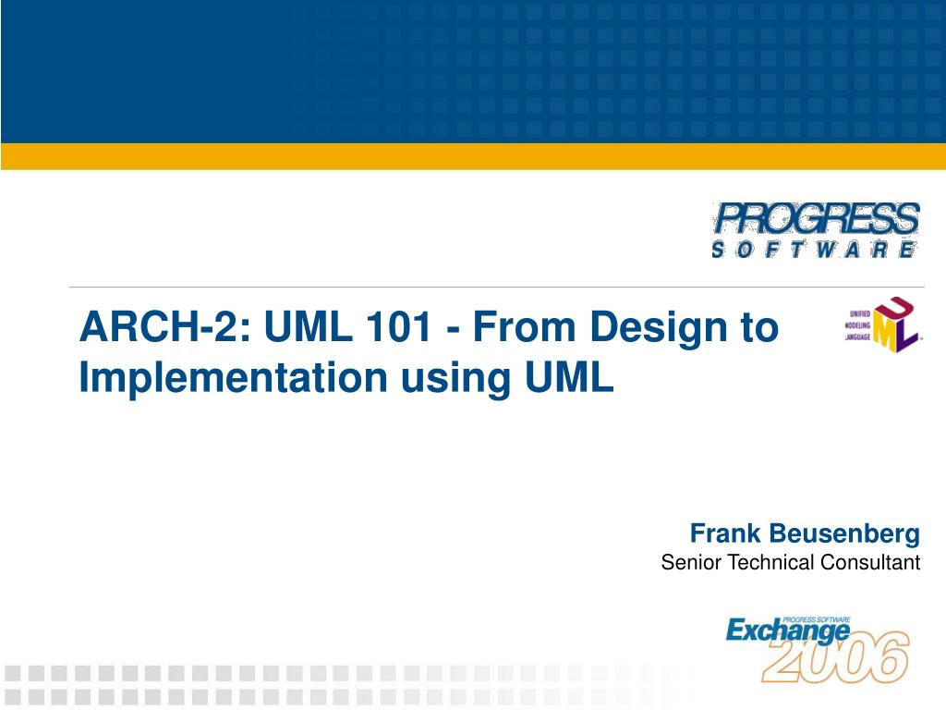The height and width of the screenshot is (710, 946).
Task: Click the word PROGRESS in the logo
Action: tap(816, 218)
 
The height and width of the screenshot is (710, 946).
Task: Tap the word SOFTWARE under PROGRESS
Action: tap(815, 250)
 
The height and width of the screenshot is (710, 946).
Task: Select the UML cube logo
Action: tap(882, 324)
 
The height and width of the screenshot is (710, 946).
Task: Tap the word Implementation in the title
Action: tap(233, 377)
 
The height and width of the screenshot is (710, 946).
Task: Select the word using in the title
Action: tap(457, 380)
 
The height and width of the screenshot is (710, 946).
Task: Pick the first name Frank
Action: tap(725, 533)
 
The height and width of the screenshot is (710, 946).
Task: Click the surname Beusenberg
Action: tap(844, 534)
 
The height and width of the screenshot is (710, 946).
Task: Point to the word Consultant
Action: tap(870, 562)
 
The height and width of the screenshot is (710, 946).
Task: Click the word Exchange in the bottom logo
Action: tap(787, 631)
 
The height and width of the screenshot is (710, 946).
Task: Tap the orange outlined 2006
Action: tap(835, 657)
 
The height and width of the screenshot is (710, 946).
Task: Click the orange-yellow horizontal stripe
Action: tap(473, 156)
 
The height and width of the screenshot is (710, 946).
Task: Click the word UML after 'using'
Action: tap(569, 377)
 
